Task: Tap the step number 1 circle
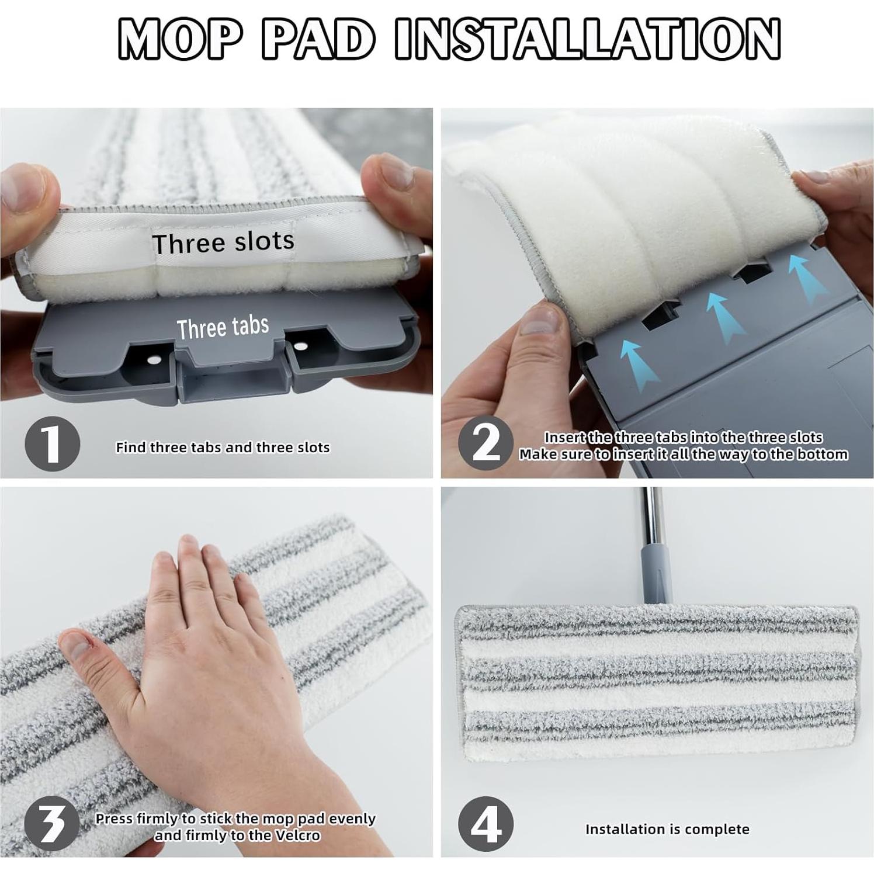(52, 444)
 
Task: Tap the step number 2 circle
(486, 444)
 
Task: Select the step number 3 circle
(52, 824)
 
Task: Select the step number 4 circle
(486, 824)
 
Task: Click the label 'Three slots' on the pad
(223, 242)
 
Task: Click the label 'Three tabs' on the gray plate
(223, 327)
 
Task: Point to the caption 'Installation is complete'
(667, 829)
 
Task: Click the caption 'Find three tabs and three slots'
(223, 448)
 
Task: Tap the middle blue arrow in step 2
(724, 316)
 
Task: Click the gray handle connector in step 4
(655, 575)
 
